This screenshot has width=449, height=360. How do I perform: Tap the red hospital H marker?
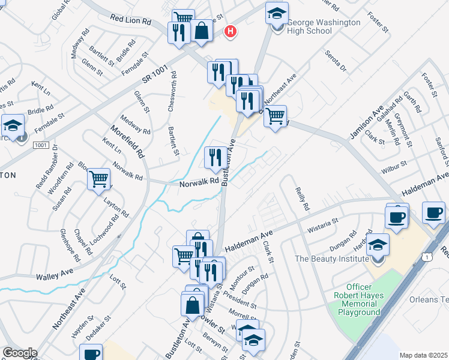pyautogui.click(x=229, y=31)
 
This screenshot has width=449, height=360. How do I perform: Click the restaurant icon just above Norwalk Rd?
pyautogui.click(x=215, y=158)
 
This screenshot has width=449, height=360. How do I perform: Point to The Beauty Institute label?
pyautogui.click(x=331, y=259)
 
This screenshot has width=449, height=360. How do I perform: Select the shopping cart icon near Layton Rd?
pyautogui.click(x=98, y=179)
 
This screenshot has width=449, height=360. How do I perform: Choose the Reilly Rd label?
pyautogui.click(x=301, y=198)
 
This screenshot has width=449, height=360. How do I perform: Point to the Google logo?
pyautogui.click(x=19, y=353)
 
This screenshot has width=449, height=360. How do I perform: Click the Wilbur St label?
pyautogui.click(x=396, y=163)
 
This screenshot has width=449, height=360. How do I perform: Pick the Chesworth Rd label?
pyautogui.click(x=173, y=87)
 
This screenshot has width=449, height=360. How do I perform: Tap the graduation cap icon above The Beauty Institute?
pyautogui.click(x=378, y=245)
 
